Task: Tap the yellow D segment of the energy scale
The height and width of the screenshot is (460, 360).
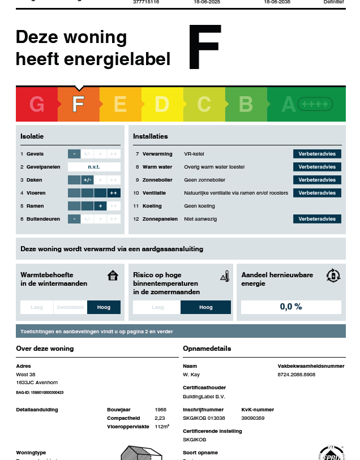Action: coord(162,104)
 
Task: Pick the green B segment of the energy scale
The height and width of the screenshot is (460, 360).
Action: coord(246,104)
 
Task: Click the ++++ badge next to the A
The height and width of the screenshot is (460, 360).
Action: coord(315,105)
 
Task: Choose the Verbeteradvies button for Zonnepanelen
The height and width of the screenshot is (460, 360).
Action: coord(317,219)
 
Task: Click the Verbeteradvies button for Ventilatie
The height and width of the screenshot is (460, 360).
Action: coord(317,193)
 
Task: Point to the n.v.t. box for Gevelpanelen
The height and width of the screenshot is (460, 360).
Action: coord(94,167)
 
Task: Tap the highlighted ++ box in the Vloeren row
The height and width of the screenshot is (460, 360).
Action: coord(114,193)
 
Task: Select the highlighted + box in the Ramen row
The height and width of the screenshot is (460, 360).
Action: coord(101,206)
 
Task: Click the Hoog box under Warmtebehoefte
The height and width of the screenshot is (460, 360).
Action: coord(104,307)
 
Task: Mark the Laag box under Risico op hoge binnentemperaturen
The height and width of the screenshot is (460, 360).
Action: coord(157,307)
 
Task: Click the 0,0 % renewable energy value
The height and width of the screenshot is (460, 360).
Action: coord(291,307)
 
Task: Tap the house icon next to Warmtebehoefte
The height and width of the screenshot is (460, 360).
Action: coord(113,276)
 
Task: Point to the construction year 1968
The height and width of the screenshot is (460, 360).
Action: coord(161,410)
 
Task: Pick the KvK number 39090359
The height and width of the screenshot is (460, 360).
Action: coord(253,418)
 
